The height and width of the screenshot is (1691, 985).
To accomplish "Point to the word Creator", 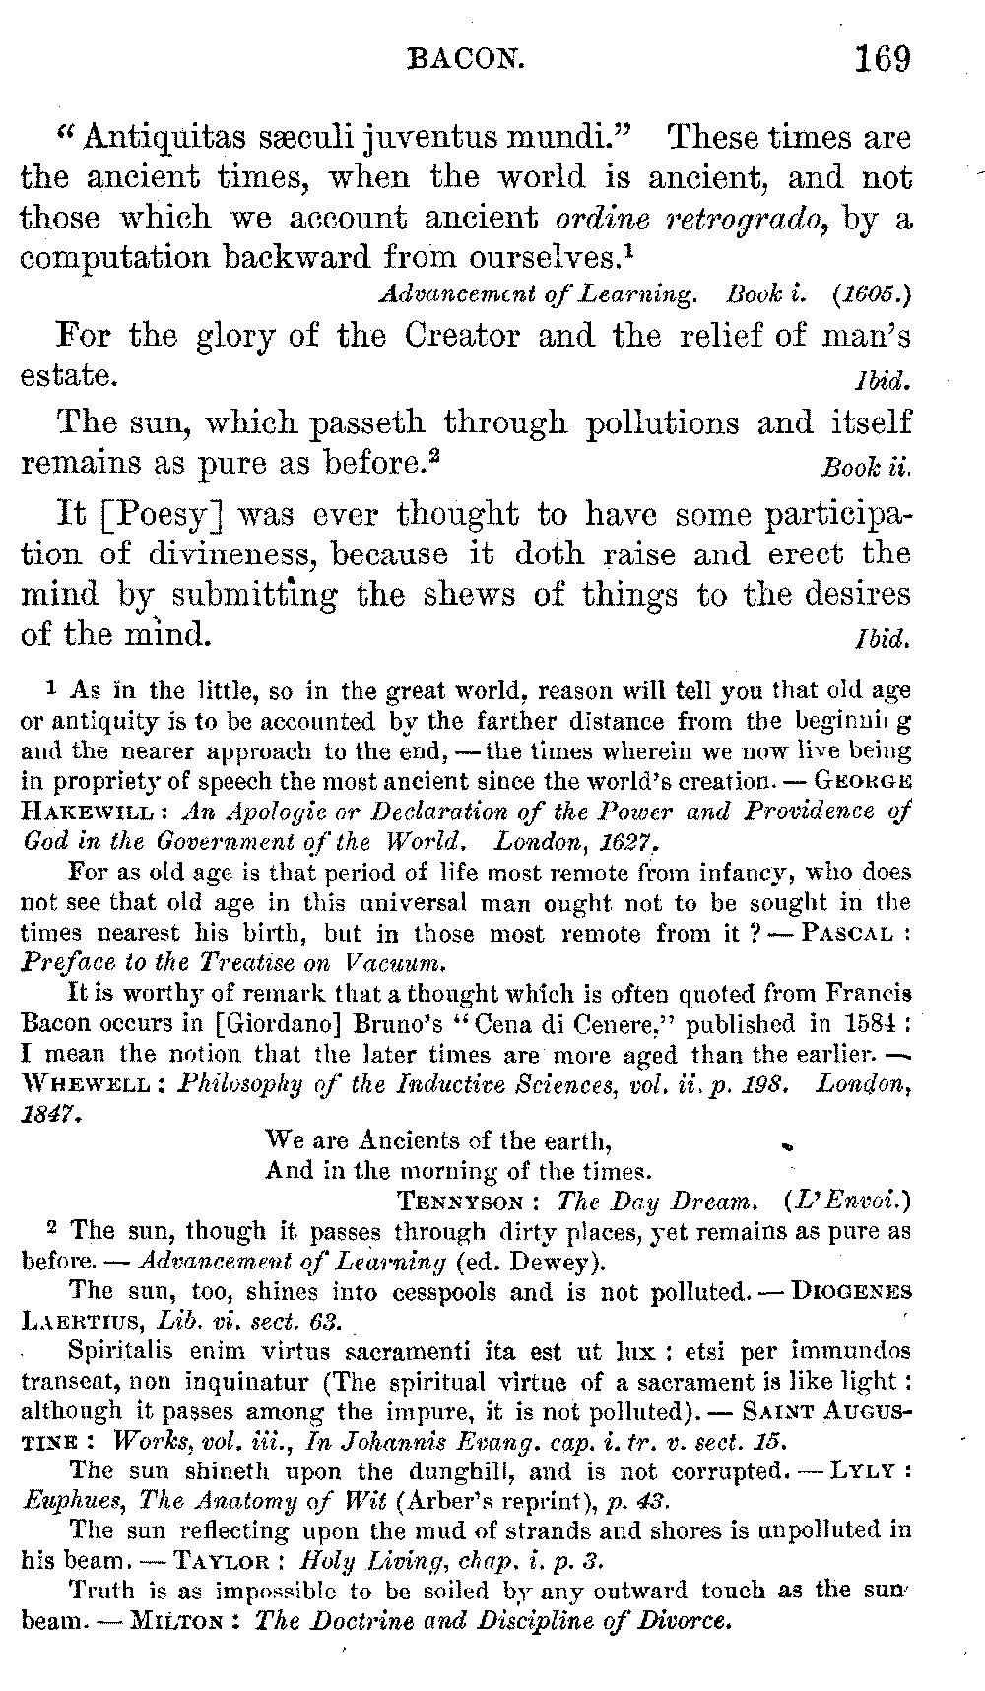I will click(462, 336).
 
